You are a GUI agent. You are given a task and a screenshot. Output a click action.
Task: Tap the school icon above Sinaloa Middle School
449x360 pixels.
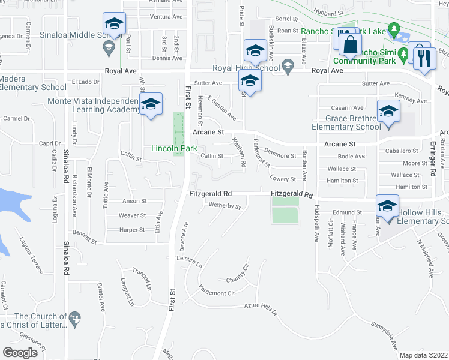pyautogui.click(x=114, y=24)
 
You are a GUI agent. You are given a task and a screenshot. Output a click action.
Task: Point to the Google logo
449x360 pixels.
pyautogui.click(x=20, y=352)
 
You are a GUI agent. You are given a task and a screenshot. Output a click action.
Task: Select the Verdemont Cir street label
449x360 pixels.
pyautogui.click(x=217, y=292)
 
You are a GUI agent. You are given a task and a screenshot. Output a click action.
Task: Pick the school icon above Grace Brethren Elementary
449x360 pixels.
pyautogui.click(x=388, y=112)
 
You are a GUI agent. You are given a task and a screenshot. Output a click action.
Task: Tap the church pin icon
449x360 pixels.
pyautogui.click(x=75, y=318)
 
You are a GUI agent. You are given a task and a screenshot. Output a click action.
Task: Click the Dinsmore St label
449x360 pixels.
pyautogui.click(x=280, y=155)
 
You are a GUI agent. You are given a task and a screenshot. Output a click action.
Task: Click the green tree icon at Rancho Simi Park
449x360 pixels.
pyautogui.click(x=394, y=29)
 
